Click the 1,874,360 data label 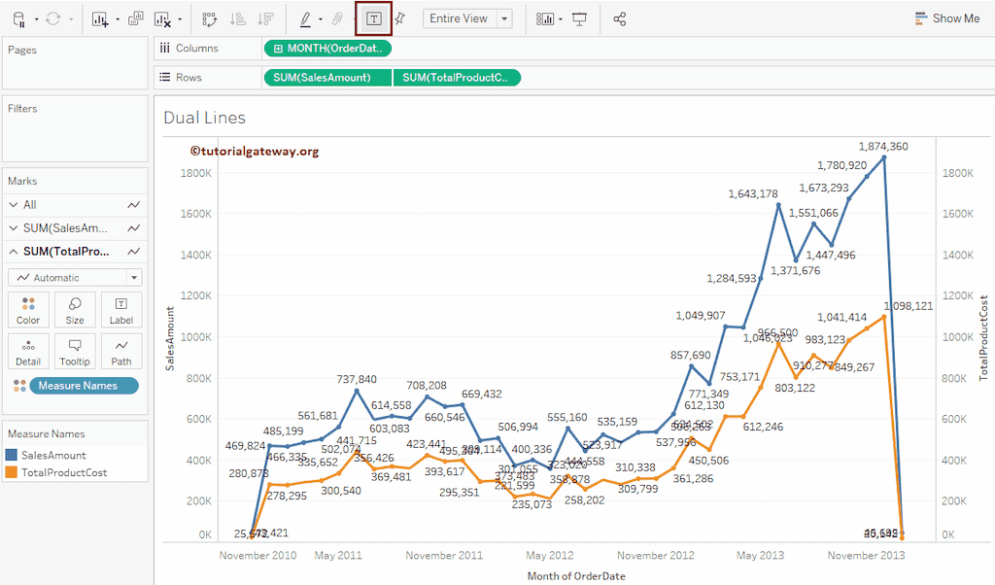point(882,147)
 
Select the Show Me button point(946,18)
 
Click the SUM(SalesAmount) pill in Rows point(326,78)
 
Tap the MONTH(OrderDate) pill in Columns point(327,49)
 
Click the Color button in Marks point(28,310)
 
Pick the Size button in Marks point(75,310)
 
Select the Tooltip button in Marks point(75,351)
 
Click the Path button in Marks point(121,351)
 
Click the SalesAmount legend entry point(53,455)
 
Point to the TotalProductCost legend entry point(64,472)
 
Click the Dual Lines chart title point(204,118)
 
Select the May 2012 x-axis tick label point(549,556)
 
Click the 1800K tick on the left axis point(196,173)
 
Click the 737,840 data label point(357,379)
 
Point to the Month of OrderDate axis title point(576,575)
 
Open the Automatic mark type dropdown point(75,278)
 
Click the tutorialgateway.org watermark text point(255,152)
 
